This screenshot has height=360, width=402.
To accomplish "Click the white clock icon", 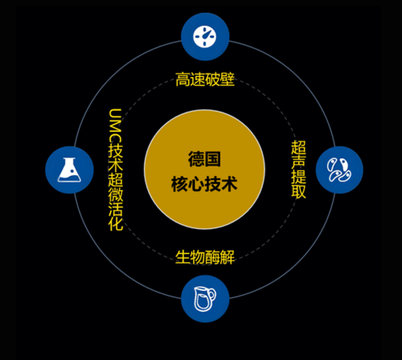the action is [205, 37].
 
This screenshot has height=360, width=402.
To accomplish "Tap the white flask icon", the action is [69, 170].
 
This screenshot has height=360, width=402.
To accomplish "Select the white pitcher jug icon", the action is [204, 299].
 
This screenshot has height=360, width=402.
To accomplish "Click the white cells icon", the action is [339, 170].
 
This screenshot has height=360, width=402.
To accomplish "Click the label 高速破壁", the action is [205, 80].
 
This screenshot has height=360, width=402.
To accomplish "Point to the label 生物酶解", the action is [205, 257].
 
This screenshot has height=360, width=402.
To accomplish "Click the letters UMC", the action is [116, 125].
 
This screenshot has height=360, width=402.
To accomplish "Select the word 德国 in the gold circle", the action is [204, 159].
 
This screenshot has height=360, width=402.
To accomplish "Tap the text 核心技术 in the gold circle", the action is [204, 184].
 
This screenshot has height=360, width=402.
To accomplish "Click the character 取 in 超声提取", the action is [298, 191].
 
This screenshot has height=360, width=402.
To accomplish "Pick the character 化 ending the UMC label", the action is [116, 223].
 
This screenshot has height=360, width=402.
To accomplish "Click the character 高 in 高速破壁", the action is [183, 80].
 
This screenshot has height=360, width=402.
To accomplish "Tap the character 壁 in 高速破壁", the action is [228, 80].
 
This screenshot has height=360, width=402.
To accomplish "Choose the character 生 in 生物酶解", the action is [183, 257].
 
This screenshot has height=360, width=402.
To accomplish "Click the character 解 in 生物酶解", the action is [228, 257].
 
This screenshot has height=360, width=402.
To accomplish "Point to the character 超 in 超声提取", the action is [298, 147].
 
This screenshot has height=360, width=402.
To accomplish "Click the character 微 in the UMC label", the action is [116, 194].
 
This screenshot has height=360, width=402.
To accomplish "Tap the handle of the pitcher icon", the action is [211, 294].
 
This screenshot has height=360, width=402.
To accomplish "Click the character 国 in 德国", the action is [213, 159].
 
